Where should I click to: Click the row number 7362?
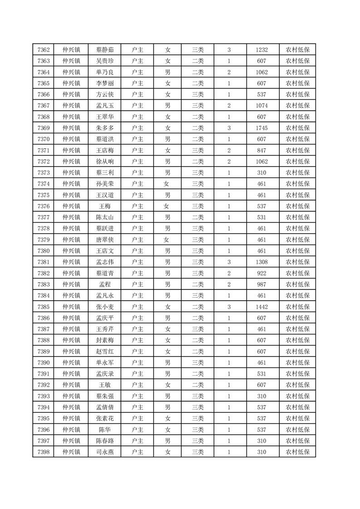click(x=44, y=50)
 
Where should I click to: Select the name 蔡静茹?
click(x=105, y=50)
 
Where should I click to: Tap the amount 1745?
click(x=261, y=128)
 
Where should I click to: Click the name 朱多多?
click(x=105, y=128)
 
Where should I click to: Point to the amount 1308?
click(x=261, y=262)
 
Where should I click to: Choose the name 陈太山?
click(x=105, y=217)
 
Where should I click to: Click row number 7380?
click(x=44, y=251)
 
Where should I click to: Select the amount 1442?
click(x=261, y=307)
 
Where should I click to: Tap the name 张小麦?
click(x=105, y=307)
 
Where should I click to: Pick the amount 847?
click(x=261, y=150)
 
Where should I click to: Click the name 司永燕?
click(x=105, y=452)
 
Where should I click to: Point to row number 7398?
click(x=44, y=452)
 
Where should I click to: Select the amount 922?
click(x=261, y=273)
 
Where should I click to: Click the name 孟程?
click(x=105, y=284)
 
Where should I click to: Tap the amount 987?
click(x=261, y=284)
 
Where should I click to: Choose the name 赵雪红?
click(x=105, y=351)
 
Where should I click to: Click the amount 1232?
click(x=261, y=50)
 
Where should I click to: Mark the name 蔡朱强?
click(x=105, y=396)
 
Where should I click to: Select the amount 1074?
click(x=261, y=106)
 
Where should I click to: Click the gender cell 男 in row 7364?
click(x=168, y=72)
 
